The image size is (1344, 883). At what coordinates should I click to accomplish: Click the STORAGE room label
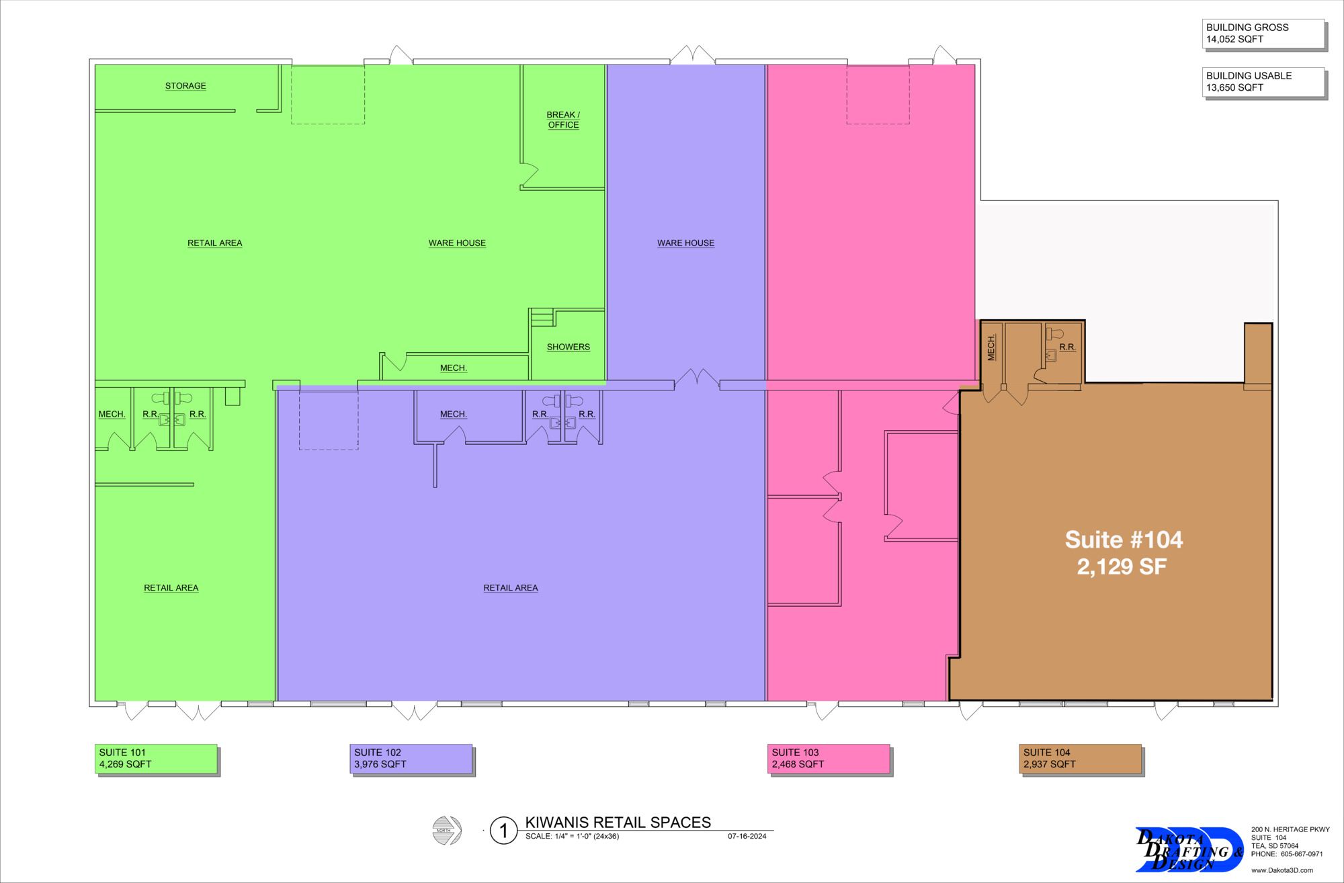[x=185, y=86]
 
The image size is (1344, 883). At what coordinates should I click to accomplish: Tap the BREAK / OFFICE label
[x=563, y=120]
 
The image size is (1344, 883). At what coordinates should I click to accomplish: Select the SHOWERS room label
[x=569, y=347]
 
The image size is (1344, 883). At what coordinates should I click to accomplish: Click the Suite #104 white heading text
[x=1124, y=540]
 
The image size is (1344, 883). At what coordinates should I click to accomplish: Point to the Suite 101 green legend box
[x=157, y=759]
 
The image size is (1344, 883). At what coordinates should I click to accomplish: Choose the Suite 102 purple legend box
[x=412, y=759]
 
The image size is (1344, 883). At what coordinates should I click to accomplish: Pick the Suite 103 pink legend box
[x=829, y=759]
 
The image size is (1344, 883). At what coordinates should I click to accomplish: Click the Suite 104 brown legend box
[x=1081, y=759]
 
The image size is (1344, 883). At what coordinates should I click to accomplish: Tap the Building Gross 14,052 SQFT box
[x=1264, y=34]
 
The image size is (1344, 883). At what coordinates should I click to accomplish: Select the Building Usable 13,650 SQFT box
[x=1264, y=83]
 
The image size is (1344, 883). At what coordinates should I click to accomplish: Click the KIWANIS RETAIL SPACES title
[x=618, y=823]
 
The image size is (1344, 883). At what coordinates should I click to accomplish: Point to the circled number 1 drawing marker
[x=503, y=831]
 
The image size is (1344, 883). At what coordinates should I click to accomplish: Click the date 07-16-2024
[x=747, y=837]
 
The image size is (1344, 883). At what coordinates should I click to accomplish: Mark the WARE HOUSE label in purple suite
[x=685, y=243]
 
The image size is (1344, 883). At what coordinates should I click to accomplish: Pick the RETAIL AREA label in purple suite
[x=511, y=588]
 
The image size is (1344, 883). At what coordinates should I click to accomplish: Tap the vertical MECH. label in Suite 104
[x=991, y=347]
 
